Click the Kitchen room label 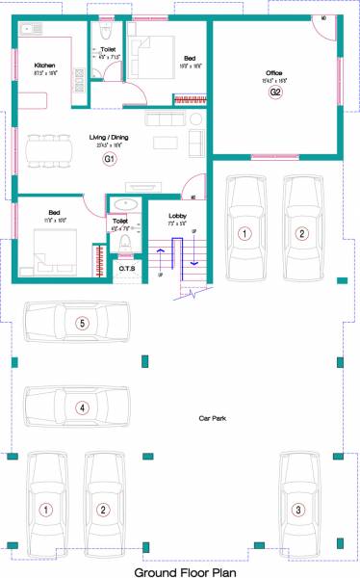(x=32, y=65)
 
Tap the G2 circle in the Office (x=275, y=92)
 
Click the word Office (x=274, y=72)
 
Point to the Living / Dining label (x=110, y=138)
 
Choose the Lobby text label (x=177, y=216)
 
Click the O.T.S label (x=127, y=269)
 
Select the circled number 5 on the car (x=83, y=323)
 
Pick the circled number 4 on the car (x=83, y=407)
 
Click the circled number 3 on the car (x=298, y=509)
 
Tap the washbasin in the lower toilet (x=124, y=204)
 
